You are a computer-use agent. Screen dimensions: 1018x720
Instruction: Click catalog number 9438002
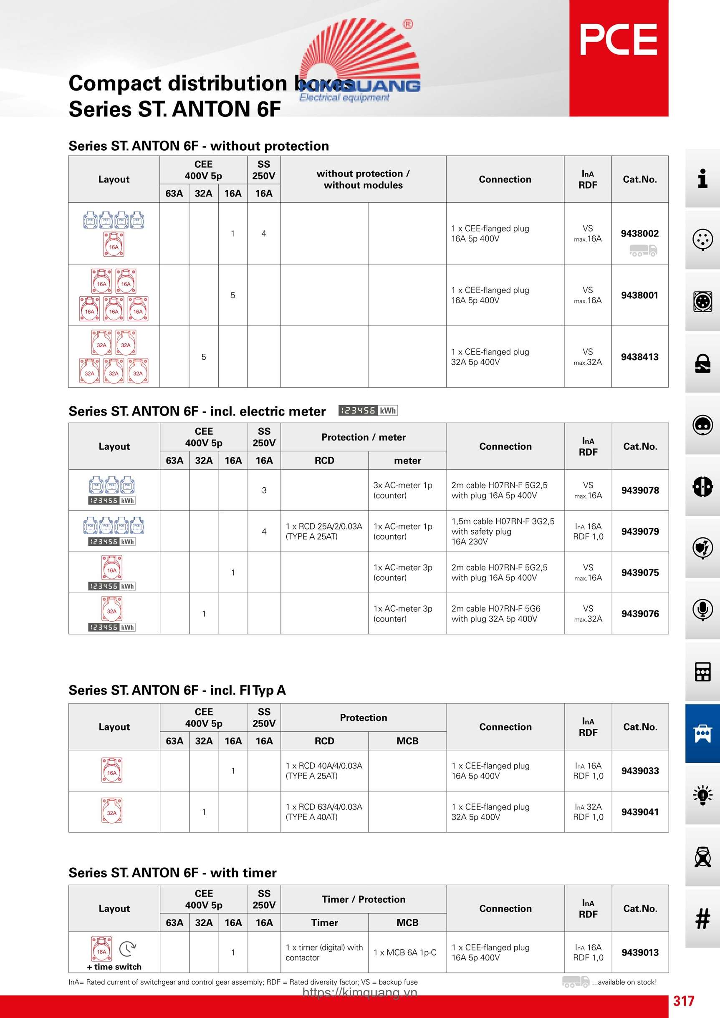(x=639, y=234)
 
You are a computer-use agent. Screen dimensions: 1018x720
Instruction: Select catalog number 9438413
(x=639, y=357)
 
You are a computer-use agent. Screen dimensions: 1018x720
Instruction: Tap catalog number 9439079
(x=640, y=531)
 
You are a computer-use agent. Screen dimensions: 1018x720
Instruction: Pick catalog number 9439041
(x=640, y=812)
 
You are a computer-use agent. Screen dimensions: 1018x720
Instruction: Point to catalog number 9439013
(x=640, y=952)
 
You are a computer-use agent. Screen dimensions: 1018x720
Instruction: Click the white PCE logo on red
(x=619, y=40)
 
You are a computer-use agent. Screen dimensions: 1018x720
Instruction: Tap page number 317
(x=683, y=1001)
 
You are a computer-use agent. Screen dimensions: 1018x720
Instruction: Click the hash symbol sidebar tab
(x=702, y=918)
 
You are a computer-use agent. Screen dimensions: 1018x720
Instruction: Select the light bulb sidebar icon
(x=702, y=795)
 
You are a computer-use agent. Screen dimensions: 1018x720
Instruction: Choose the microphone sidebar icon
(x=702, y=610)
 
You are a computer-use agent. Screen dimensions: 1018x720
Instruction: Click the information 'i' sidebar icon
(x=702, y=178)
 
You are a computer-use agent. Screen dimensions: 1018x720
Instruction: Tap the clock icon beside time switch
(x=128, y=949)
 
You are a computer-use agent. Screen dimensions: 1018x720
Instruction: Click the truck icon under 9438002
(x=643, y=251)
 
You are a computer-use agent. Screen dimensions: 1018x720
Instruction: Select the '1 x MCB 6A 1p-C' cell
(x=404, y=952)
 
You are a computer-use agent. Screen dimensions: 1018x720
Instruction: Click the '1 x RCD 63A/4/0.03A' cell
(x=324, y=812)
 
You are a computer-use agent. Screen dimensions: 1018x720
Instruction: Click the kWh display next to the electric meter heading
(x=368, y=411)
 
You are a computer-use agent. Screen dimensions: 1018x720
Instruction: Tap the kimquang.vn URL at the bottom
(x=360, y=992)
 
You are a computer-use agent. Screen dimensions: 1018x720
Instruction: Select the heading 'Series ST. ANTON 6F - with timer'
(x=172, y=872)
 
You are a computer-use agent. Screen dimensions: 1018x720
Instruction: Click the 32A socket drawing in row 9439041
(x=112, y=811)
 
